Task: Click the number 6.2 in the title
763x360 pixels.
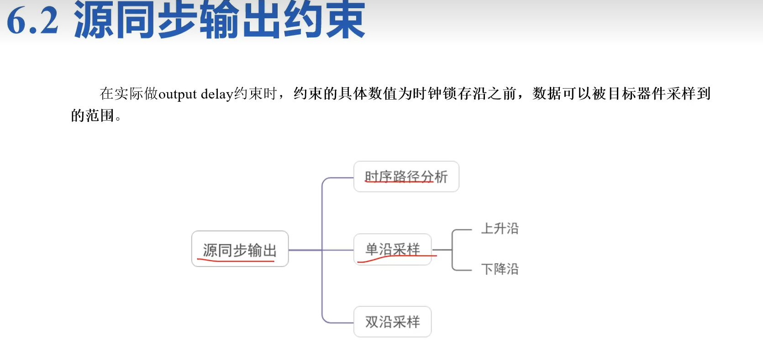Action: pos(33,21)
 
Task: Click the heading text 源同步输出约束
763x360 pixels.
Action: pos(219,20)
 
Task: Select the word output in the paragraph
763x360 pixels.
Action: pos(178,94)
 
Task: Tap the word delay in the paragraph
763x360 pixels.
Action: pos(217,94)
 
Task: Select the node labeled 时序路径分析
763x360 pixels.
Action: pos(406,176)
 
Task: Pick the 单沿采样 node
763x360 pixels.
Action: pos(392,249)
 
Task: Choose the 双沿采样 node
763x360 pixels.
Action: pos(392,322)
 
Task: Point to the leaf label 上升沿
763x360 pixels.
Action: pos(500,228)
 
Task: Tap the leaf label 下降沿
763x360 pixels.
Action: pos(500,269)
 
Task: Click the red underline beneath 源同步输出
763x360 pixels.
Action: pos(236,261)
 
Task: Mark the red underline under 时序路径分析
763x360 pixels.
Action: pos(398,182)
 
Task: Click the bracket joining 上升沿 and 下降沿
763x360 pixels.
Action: pos(453,250)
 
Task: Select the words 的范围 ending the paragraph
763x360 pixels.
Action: pos(92,116)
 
